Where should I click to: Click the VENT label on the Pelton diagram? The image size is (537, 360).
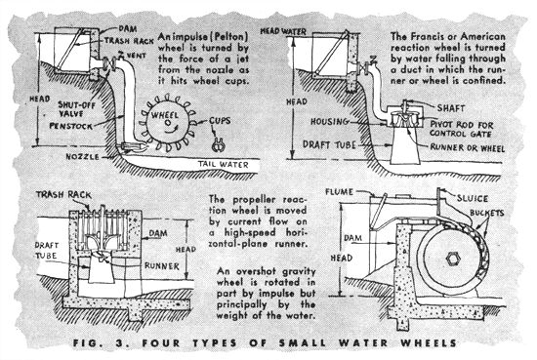click(x=137, y=55)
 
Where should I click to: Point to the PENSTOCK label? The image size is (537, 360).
click(x=71, y=126)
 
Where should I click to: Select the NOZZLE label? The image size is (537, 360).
click(x=83, y=157)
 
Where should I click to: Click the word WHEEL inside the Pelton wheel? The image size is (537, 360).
click(x=165, y=115)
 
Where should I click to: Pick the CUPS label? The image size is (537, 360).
click(x=220, y=120)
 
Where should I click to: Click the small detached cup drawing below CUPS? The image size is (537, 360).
click(x=218, y=145)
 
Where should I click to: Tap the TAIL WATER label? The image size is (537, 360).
click(x=223, y=165)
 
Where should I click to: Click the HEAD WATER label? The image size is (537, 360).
click(x=283, y=31)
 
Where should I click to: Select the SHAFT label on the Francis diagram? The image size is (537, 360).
click(x=451, y=108)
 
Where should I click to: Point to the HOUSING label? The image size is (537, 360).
click(x=329, y=122)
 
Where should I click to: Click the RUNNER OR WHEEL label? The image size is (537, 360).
click(x=467, y=148)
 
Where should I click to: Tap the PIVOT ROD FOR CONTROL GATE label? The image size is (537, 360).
click(x=462, y=129)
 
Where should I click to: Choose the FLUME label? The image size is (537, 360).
click(x=339, y=192)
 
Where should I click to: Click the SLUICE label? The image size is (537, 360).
click(x=472, y=198)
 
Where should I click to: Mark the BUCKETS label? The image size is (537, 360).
click(x=486, y=213)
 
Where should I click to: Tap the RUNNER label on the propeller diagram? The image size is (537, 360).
click(x=162, y=266)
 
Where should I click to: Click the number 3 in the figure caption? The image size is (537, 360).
click(x=119, y=342)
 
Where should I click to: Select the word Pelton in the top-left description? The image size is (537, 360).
click(x=230, y=37)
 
